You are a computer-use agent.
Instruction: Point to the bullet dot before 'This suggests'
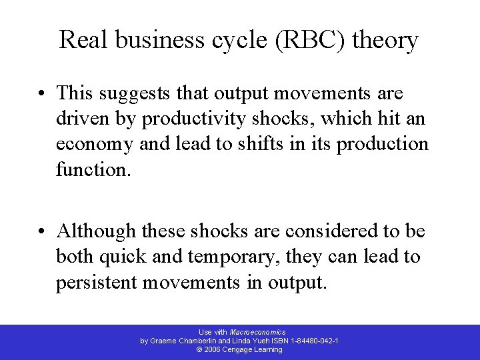pos(44,93)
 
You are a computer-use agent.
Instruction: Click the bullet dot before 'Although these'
pos(44,231)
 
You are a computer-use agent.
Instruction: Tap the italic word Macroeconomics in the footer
pos(257,331)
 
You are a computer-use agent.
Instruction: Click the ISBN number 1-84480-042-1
pos(315,340)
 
